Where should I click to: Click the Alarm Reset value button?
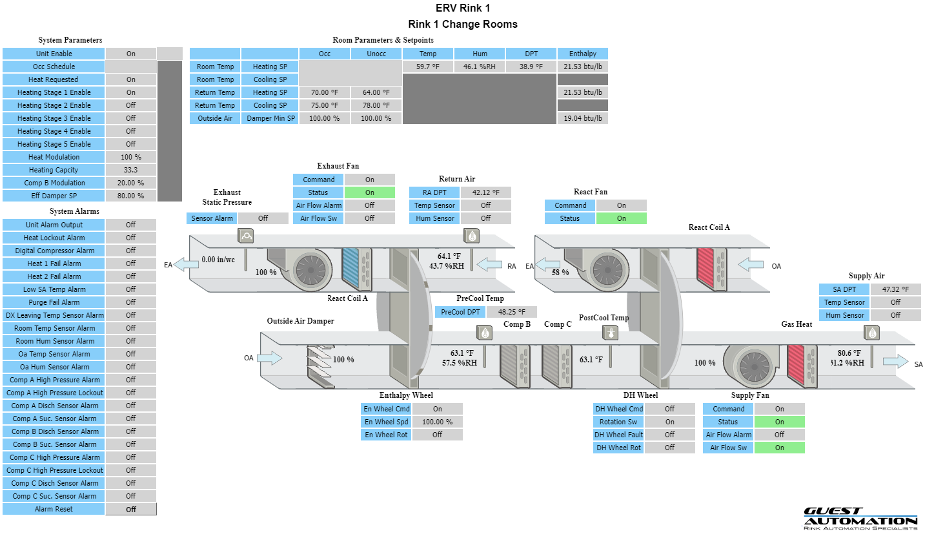point(131,509)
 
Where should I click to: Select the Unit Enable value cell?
point(131,54)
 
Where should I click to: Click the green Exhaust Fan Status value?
point(369,192)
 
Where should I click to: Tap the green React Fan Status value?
point(621,218)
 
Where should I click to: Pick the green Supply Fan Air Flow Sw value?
point(780,448)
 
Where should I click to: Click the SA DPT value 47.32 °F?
point(895,289)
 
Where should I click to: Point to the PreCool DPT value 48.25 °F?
point(511,312)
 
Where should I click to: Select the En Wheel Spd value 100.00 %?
point(437,422)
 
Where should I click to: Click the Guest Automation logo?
point(860,519)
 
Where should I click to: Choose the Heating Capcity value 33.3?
point(131,170)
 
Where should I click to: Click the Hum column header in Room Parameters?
point(480,54)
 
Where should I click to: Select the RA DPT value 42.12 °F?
point(485,192)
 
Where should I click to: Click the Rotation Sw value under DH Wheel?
point(669,422)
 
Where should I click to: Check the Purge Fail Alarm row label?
point(54,302)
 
